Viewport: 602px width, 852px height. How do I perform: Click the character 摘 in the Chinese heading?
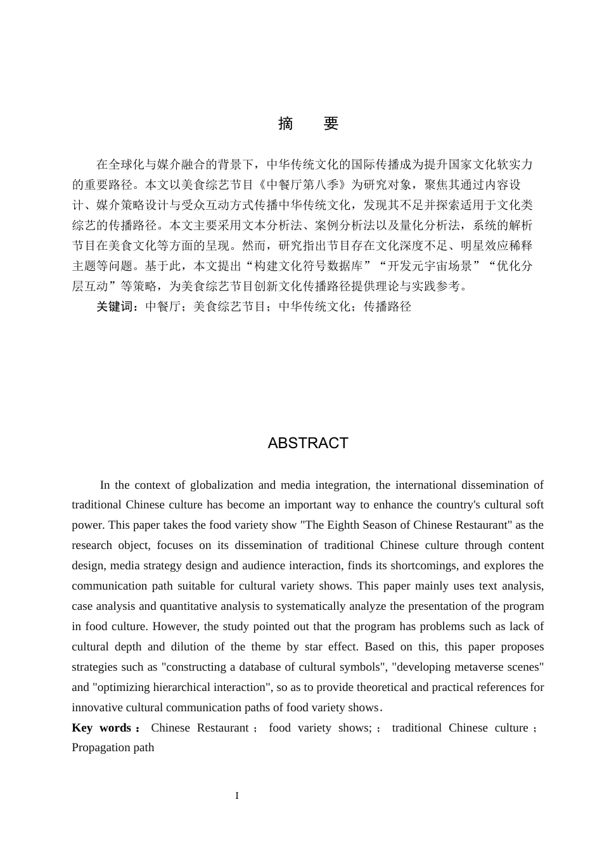[x=286, y=124]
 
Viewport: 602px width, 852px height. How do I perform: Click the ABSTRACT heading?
[x=308, y=443]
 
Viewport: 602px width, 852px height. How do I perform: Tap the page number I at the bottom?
[x=237, y=796]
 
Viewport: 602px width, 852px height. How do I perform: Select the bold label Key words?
[x=101, y=728]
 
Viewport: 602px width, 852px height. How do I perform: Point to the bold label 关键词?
[x=117, y=307]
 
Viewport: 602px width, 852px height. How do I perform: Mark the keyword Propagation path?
[x=113, y=747]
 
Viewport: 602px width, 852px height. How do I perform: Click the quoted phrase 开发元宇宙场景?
[x=430, y=266]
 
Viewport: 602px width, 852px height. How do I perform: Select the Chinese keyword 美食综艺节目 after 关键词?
[x=229, y=307]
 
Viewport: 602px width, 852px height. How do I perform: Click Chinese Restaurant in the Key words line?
[x=200, y=728]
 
